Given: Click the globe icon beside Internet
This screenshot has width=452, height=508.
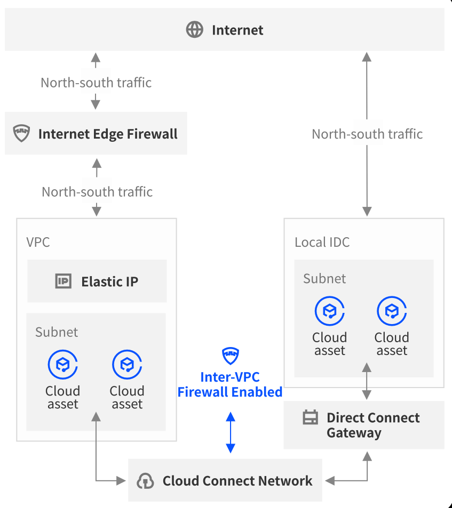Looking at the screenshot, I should click(x=194, y=30).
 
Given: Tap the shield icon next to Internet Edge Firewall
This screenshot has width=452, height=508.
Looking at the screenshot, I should click(x=21, y=133).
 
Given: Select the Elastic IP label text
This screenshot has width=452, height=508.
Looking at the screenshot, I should click(x=109, y=281).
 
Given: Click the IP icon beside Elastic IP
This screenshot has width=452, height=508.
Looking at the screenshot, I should click(x=64, y=281).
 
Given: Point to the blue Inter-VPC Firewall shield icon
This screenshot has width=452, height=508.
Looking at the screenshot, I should click(x=231, y=355).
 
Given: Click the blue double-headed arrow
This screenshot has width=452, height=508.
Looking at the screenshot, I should click(x=231, y=432).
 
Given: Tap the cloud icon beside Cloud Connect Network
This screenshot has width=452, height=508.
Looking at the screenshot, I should click(x=145, y=481).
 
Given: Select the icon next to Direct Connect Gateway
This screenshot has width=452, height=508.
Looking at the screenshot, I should click(x=310, y=417).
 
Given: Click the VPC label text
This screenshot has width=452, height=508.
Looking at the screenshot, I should click(x=38, y=243).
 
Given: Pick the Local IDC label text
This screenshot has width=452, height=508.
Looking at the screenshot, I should click(x=322, y=243).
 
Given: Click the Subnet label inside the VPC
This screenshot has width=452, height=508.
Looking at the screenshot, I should click(x=57, y=332).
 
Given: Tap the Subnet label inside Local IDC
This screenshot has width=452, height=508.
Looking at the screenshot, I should click(x=324, y=279).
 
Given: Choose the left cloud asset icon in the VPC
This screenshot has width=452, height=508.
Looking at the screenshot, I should click(x=63, y=365).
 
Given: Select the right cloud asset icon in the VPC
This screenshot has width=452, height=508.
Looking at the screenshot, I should click(x=126, y=365).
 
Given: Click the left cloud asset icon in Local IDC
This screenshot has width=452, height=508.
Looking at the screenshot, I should click(x=330, y=311).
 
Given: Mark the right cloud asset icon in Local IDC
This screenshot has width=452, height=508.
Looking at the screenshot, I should click(x=392, y=311).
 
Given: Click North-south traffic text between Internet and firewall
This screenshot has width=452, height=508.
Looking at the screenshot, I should click(x=96, y=83).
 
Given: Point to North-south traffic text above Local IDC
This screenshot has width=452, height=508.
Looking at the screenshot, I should click(x=367, y=134).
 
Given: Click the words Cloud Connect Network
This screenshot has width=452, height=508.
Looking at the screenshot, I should click(x=237, y=481).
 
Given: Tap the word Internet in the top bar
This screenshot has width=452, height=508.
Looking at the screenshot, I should click(x=237, y=30).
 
